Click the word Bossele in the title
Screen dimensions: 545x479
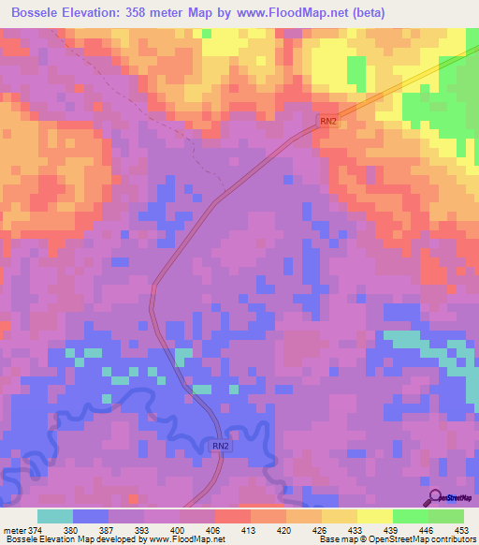pyautogui.click(x=36, y=13)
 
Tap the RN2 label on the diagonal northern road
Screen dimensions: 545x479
pyautogui.click(x=327, y=121)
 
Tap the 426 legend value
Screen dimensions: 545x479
pyautogui.click(x=321, y=529)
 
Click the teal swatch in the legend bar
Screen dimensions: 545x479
pyautogui.click(x=55, y=516)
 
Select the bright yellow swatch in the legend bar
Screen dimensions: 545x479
pyautogui.click(x=374, y=516)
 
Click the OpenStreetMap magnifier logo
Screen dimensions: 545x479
pyautogui.click(x=434, y=497)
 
